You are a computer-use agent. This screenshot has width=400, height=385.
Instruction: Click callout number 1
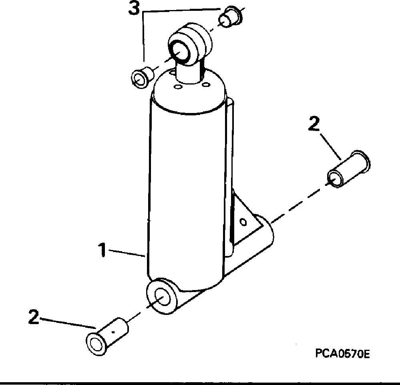(103, 251)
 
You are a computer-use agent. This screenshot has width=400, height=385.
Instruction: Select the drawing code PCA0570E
(342, 354)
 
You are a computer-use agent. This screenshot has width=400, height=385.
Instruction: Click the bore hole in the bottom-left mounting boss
(161, 297)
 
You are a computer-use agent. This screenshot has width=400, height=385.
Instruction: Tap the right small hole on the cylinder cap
(206, 84)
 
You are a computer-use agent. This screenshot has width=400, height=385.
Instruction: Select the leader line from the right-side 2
(331, 145)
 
